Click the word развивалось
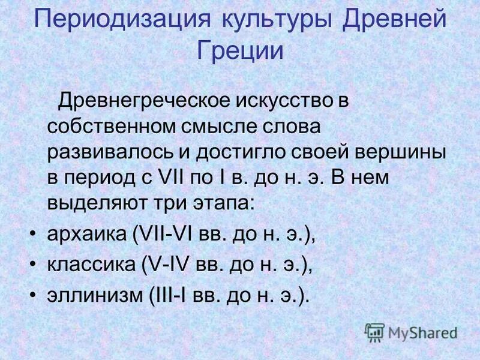tap(112, 152)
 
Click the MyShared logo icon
tap(375, 331)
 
